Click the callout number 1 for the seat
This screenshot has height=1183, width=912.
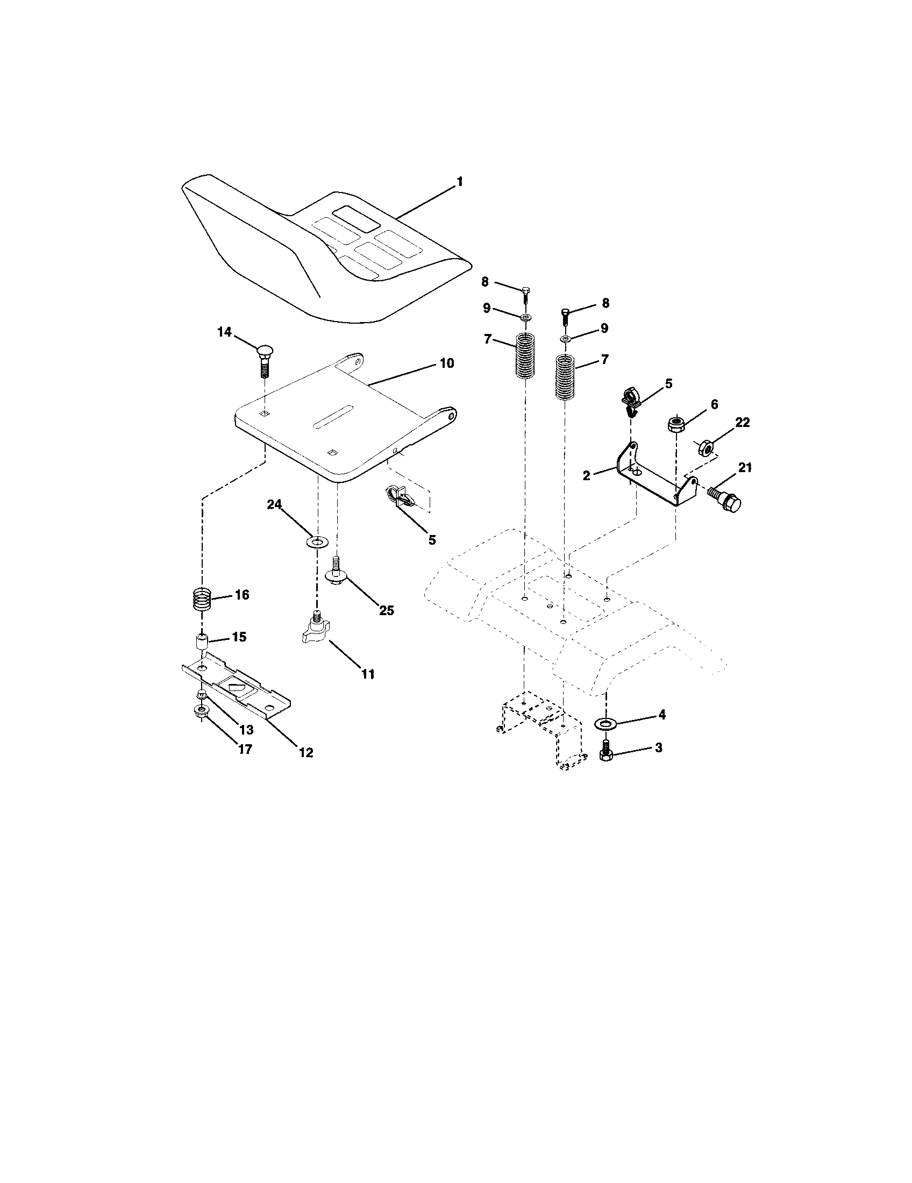tap(460, 182)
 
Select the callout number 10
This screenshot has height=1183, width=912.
tap(446, 363)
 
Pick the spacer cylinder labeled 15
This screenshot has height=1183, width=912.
tap(202, 644)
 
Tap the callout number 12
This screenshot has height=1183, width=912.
tap(306, 752)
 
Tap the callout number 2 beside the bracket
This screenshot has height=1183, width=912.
tap(587, 475)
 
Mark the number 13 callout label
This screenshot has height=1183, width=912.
tap(247, 729)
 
